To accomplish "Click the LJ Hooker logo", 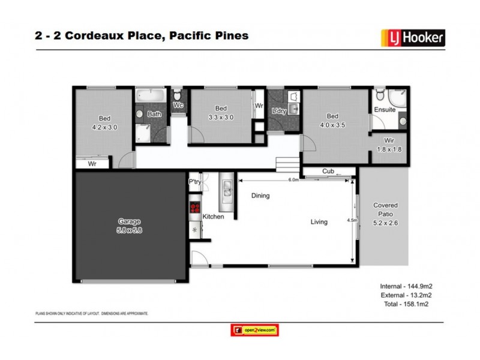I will (413, 38).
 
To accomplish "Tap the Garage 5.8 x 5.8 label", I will (128, 226).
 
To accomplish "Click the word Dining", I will (260, 196).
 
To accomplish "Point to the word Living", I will (319, 222).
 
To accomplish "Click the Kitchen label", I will (213, 216).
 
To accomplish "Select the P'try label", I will (194, 182).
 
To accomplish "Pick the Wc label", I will (178, 106).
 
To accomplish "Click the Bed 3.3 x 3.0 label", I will (220, 113).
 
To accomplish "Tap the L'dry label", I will (278, 112).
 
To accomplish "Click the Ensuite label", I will (385, 110).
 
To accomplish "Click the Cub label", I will (328, 172).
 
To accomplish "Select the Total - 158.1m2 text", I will (407, 304).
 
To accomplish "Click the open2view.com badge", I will (255, 330).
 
